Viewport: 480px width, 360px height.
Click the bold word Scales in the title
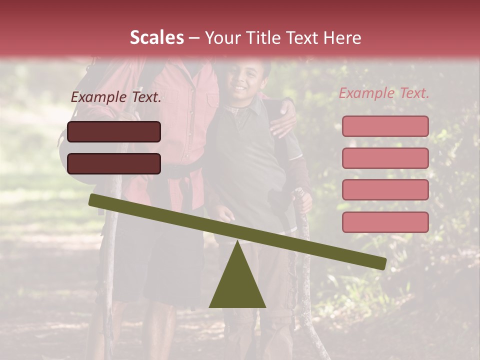(156, 38)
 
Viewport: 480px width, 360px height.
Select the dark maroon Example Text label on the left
(116, 97)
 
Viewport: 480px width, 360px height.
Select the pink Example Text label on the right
(384, 93)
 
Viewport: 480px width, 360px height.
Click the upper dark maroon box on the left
(114, 131)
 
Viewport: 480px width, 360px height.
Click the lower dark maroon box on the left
(114, 163)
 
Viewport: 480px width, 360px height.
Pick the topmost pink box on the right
(385, 126)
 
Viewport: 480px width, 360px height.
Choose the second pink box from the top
(385, 158)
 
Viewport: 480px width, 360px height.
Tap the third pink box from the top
(385, 190)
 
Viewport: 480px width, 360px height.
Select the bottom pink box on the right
(385, 222)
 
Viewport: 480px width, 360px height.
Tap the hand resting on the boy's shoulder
(283, 122)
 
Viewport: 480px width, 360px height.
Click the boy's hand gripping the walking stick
(302, 200)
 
